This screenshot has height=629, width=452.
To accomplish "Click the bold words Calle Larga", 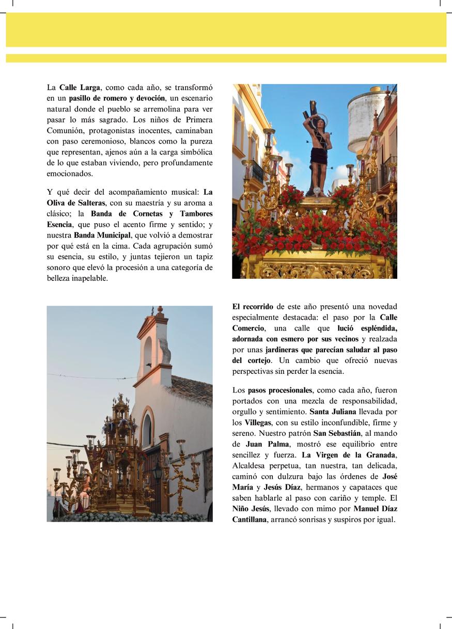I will tap(80, 87).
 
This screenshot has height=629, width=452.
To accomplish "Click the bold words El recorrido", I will tap(253, 306).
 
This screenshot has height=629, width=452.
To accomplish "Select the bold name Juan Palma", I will tap(268, 444).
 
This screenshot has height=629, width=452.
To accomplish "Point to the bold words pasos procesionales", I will tap(279, 390).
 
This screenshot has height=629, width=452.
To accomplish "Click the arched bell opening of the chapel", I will tap(148, 354).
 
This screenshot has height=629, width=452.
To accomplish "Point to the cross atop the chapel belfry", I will tap(152, 311).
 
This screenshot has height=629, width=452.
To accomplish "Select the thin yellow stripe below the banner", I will tap(226, 58).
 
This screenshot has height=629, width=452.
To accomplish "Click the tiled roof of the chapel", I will tap(191, 390).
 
